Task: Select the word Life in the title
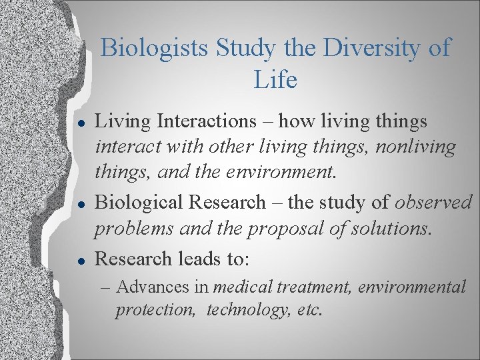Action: (x=275, y=80)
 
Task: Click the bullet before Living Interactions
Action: (x=80, y=122)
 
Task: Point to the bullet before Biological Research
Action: (x=80, y=203)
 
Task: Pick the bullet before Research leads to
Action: (x=80, y=259)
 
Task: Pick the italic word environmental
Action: (x=412, y=288)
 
